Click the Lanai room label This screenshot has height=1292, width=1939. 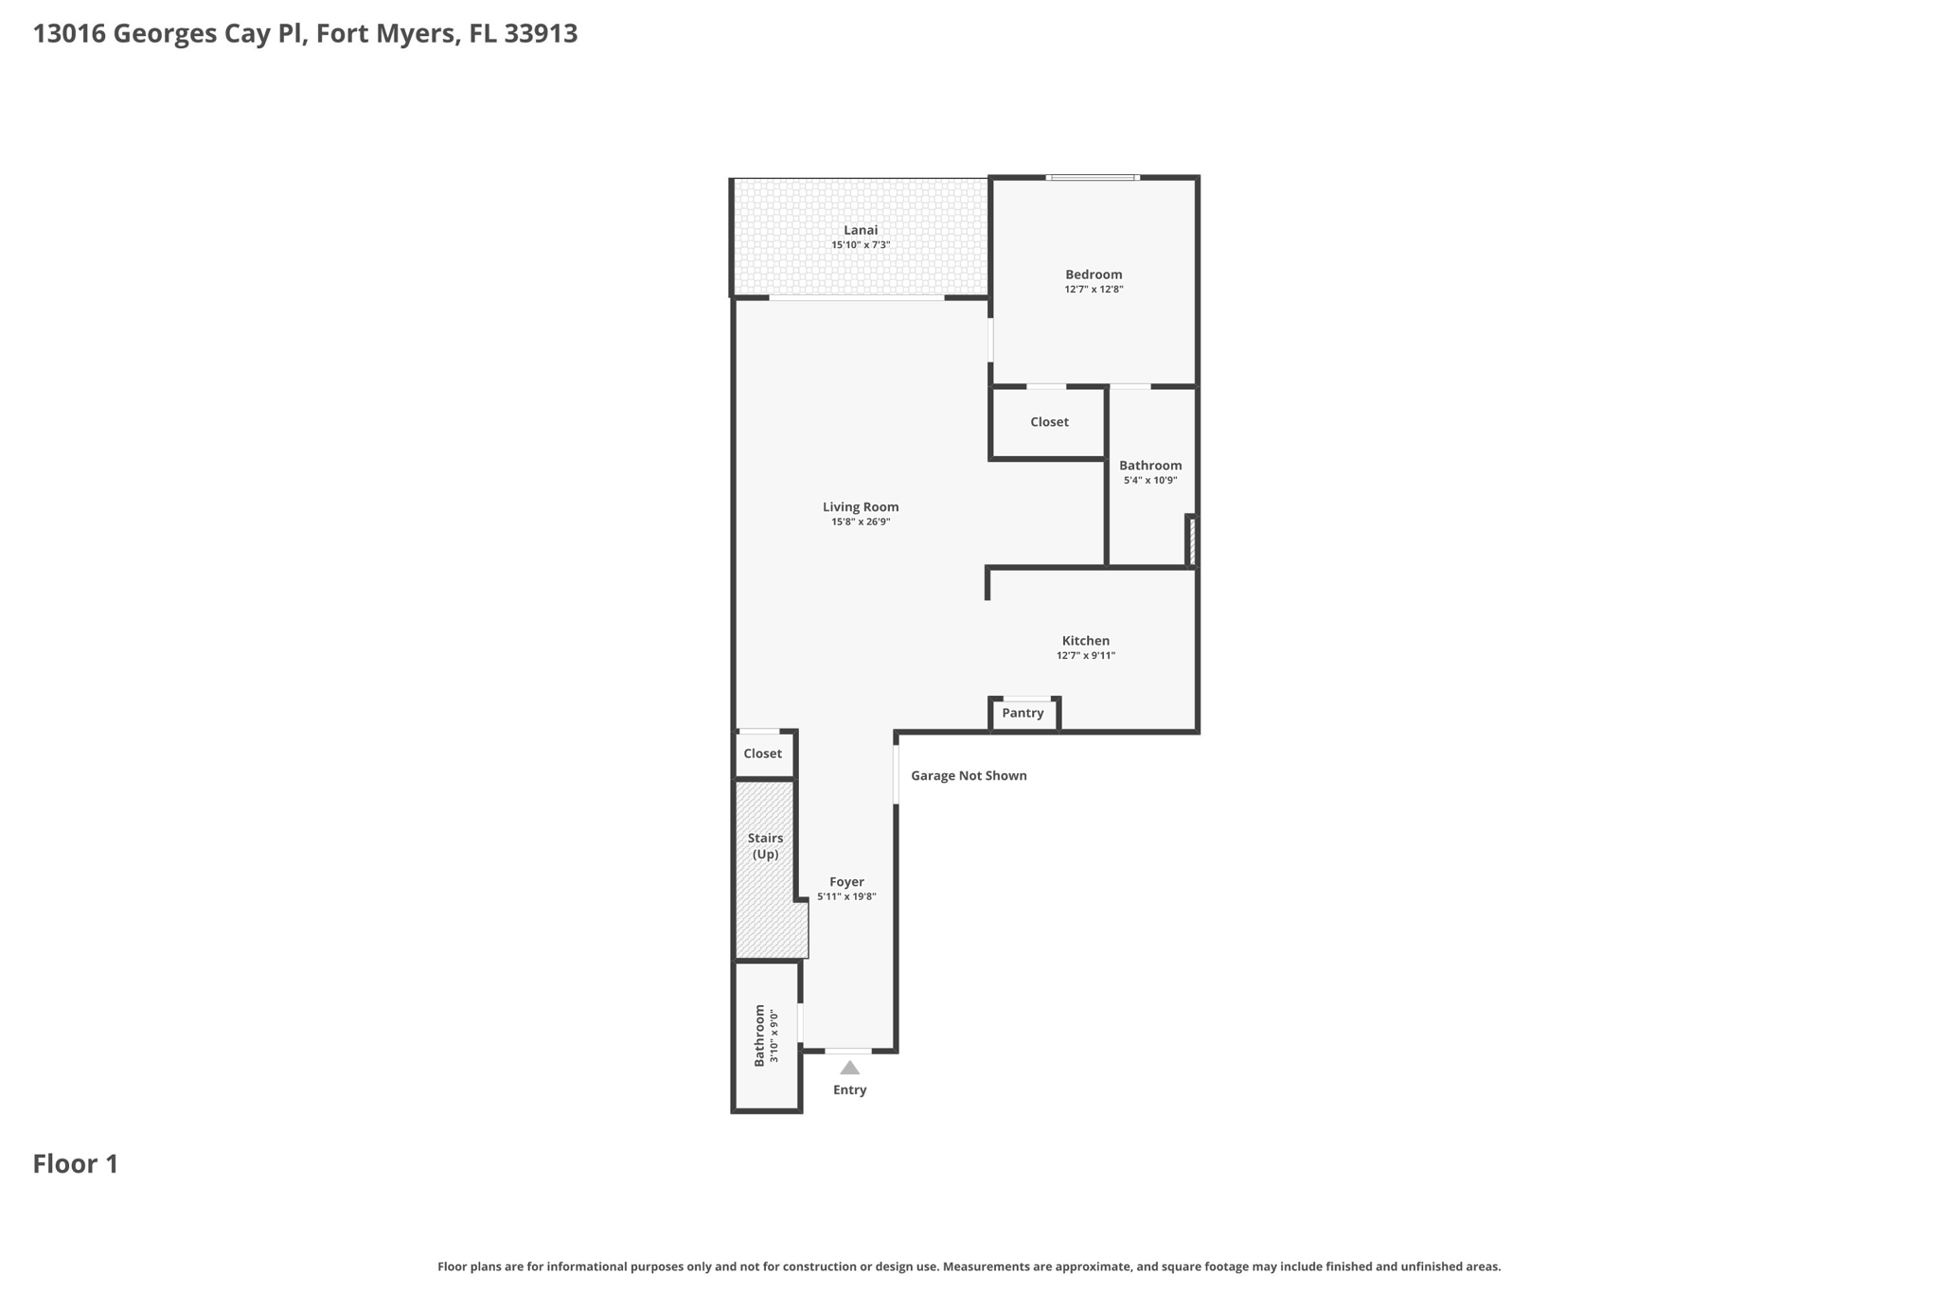(861, 230)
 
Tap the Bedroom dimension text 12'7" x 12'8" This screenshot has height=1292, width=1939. (1094, 290)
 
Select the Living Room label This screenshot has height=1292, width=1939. (861, 507)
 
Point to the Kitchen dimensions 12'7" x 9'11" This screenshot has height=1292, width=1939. (1086, 656)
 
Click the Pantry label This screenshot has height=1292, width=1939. (1023, 714)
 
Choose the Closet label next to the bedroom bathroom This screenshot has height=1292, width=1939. (1049, 422)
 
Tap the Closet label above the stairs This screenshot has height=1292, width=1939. (762, 754)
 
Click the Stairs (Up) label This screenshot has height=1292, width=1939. (765, 846)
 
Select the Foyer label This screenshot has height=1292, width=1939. (846, 882)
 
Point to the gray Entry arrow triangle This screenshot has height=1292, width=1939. (850, 1069)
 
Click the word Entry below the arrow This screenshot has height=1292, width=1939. (849, 1090)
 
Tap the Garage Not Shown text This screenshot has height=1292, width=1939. (969, 776)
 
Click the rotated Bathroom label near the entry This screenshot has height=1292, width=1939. (759, 1036)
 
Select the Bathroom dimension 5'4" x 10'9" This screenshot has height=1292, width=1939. (1150, 481)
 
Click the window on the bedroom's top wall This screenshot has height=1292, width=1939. (1093, 177)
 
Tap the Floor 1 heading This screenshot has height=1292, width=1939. (76, 1164)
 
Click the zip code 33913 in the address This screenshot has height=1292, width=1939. (541, 34)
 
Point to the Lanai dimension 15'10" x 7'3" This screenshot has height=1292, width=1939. (861, 245)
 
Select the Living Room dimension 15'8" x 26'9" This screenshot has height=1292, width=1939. (861, 522)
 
